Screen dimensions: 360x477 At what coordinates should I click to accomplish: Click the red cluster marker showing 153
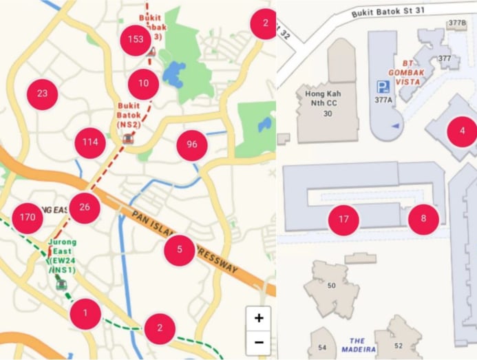click(x=136, y=39)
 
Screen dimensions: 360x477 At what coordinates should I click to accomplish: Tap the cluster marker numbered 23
click(x=43, y=93)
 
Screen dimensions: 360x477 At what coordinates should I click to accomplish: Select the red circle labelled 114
click(x=90, y=142)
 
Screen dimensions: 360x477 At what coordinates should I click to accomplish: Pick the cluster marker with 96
click(x=192, y=145)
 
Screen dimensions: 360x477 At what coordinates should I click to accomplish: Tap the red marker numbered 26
click(x=85, y=207)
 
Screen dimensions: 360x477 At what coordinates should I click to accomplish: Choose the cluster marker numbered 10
click(x=143, y=83)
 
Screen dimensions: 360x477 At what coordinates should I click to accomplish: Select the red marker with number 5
click(x=180, y=249)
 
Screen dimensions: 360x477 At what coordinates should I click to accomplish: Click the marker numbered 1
click(x=85, y=313)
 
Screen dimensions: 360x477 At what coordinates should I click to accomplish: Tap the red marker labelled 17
click(x=343, y=220)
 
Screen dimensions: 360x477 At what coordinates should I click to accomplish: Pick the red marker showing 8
click(x=423, y=219)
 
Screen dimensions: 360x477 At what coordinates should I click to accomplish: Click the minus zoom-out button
click(x=259, y=342)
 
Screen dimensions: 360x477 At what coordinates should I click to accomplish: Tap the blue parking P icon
click(x=381, y=87)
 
